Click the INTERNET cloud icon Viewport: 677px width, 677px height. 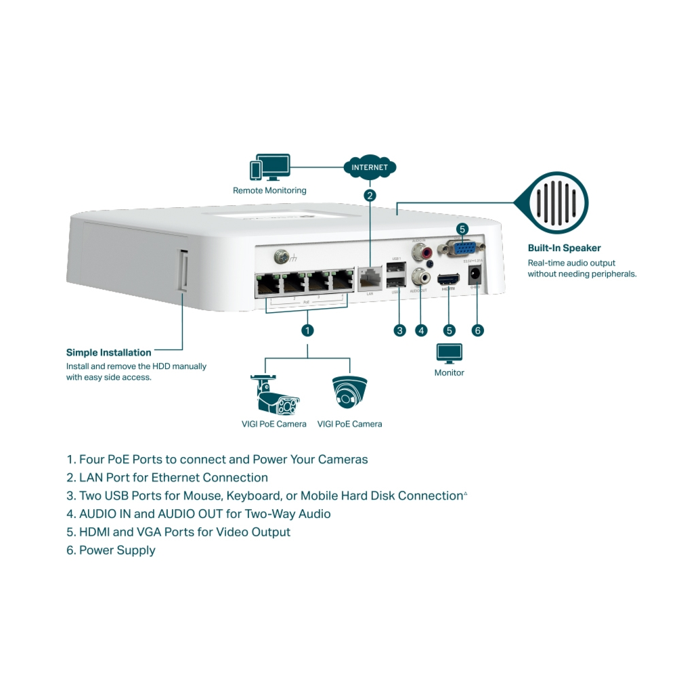pyautogui.click(x=370, y=167)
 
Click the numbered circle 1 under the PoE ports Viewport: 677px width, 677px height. pyautogui.click(x=307, y=330)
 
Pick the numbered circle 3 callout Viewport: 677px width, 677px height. pyautogui.click(x=399, y=330)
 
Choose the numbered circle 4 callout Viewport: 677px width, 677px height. pyautogui.click(x=422, y=330)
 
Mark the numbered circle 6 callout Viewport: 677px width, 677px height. pyautogui.click(x=478, y=330)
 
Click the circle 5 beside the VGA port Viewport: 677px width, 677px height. pyautogui.click(x=462, y=229)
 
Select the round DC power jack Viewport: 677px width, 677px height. pyautogui.click(x=476, y=276)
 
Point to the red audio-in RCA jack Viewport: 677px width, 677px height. pyautogui.click(x=427, y=253)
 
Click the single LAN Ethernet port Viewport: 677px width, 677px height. pyautogui.click(x=370, y=278)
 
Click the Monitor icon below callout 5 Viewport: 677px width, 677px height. pyautogui.click(x=449, y=353)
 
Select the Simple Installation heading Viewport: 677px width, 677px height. pyautogui.click(x=108, y=352)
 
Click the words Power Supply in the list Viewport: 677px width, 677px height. pyautogui.click(x=117, y=550)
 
